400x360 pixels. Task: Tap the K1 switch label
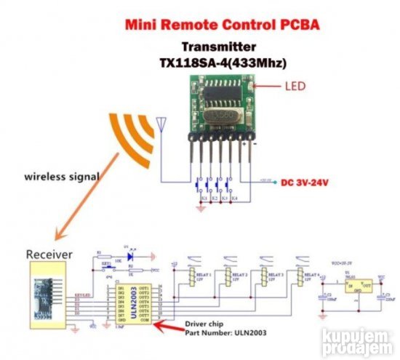point(204,199)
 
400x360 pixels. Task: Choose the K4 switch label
point(235,199)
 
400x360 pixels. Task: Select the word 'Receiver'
point(50,255)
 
